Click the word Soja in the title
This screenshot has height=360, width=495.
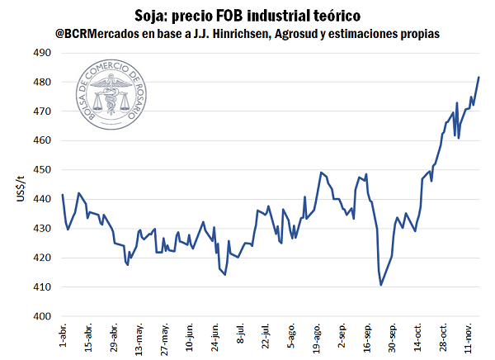[x=151, y=16]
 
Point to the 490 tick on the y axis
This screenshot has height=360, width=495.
[x=41, y=53]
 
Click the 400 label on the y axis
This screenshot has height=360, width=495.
[x=41, y=316]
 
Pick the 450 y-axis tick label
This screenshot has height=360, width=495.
[x=41, y=170]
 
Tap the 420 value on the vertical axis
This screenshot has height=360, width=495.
[x=41, y=258]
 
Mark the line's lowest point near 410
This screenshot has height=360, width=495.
[x=381, y=286]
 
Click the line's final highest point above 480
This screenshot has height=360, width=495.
[x=478, y=78]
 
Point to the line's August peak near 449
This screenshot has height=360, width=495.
[x=321, y=173]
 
